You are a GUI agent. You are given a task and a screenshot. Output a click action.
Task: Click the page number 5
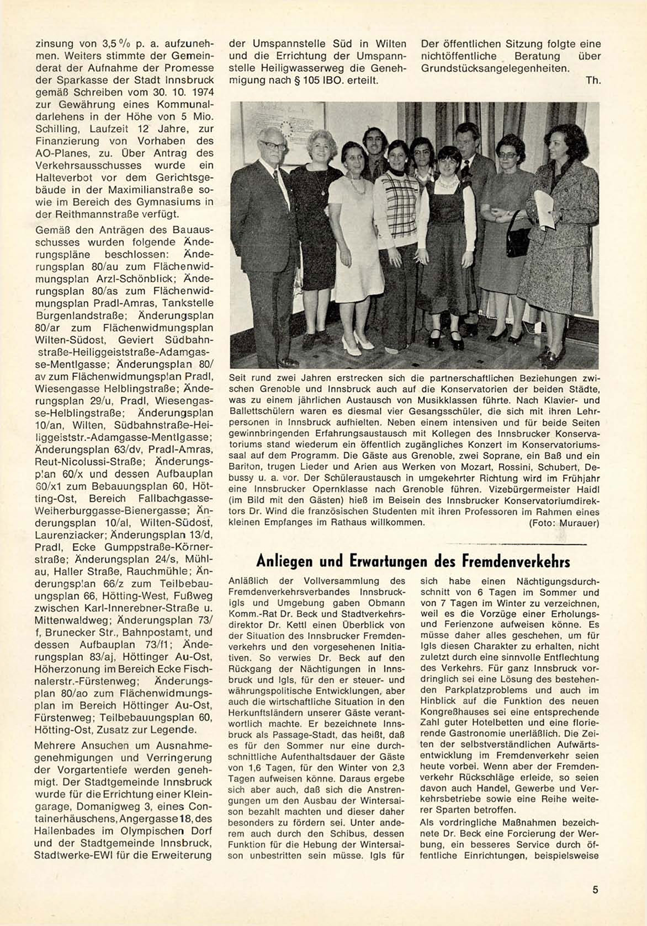click(595, 889)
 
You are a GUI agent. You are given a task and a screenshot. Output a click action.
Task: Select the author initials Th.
click(593, 81)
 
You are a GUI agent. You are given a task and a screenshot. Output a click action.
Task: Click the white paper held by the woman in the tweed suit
click(544, 209)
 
